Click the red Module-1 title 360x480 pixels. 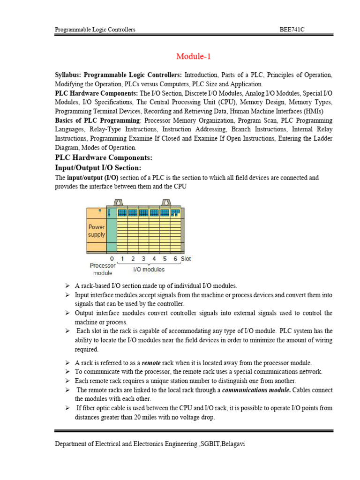point(194,57)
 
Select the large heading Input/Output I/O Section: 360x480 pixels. point(98,168)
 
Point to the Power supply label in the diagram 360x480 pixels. point(97,230)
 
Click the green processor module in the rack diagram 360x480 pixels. point(112,230)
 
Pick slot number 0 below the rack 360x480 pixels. point(112,259)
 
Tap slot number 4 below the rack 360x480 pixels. point(154,259)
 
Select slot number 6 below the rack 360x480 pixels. point(175,259)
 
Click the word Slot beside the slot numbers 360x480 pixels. point(186,259)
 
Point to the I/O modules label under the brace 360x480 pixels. point(149,270)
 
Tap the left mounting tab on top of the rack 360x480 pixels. point(118,202)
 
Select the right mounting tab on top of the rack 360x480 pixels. point(165,202)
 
